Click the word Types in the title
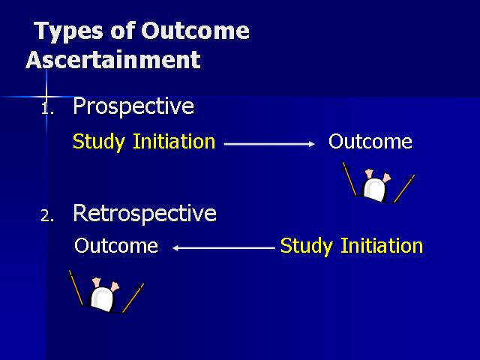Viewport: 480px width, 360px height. (68, 31)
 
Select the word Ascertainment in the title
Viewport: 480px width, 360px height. (113, 60)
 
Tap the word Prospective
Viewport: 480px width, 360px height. (133, 106)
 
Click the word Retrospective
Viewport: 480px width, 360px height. (145, 213)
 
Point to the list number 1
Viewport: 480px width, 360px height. (47, 109)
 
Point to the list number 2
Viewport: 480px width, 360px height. (47, 216)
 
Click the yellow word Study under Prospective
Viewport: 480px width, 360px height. (99, 142)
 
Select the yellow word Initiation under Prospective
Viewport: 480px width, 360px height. (174, 142)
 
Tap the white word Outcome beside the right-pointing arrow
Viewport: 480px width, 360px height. (370, 142)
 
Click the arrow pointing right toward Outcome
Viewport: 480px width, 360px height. (269, 144)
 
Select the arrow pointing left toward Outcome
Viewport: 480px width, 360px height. (223, 248)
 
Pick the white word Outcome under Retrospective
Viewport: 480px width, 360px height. (116, 245)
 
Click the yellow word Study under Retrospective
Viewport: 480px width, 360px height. (307, 247)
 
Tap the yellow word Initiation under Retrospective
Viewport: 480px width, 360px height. (382, 245)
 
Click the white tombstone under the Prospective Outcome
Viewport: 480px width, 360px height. (374, 190)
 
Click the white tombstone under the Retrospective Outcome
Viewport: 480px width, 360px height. (102, 298)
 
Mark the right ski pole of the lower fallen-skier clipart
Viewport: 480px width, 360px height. (133, 298)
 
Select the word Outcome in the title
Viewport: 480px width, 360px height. (195, 31)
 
